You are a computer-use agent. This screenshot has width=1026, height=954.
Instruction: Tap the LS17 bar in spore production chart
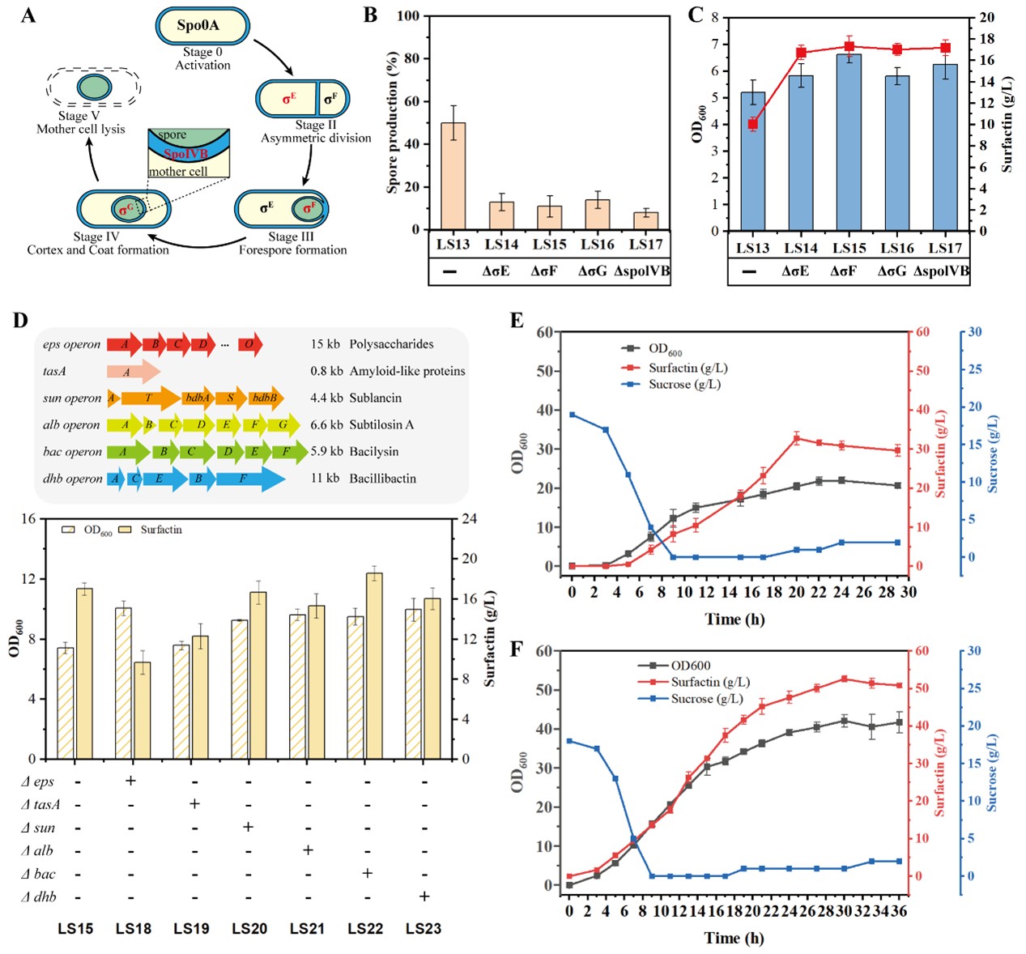coord(645,220)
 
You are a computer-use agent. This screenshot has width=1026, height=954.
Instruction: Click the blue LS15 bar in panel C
coord(849,143)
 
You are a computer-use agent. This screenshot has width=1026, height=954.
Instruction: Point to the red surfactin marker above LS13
coord(753,124)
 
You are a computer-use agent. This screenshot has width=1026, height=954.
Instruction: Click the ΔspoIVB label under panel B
coord(642,271)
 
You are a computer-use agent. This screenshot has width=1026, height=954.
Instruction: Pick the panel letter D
coord(20,320)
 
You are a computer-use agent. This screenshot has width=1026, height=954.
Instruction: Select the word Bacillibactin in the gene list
coord(382,479)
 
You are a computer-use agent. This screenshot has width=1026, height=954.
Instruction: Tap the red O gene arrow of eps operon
coord(249,344)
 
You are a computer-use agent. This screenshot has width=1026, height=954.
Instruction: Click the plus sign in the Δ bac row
coord(367,873)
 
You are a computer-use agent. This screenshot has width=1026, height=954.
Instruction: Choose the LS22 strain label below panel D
coord(365,929)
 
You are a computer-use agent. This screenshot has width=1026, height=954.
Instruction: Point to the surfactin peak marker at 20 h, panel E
coord(797,439)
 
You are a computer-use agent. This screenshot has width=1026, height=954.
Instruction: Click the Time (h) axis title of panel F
coord(734,938)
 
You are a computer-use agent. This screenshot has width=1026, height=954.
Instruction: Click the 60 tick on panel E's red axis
coord(922,332)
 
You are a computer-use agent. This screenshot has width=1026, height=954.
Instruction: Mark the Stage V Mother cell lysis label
coord(80,122)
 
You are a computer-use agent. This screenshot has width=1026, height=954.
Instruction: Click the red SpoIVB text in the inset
coord(185,154)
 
